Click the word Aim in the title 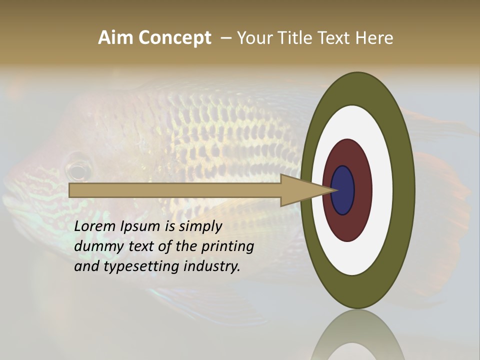pyautogui.click(x=116, y=38)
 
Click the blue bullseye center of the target pyautogui.click(x=343, y=190)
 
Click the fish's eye pyautogui.click(x=78, y=171)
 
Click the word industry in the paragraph pyautogui.click(x=212, y=266)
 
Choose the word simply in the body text pyautogui.click(x=199, y=226)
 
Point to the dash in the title pyautogui.click(x=225, y=38)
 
